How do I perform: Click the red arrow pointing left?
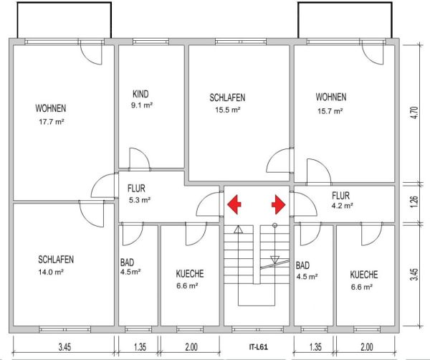234,204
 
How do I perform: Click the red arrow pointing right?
279,204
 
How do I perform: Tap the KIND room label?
140,94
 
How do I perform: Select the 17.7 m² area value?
52,122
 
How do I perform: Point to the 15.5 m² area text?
228,110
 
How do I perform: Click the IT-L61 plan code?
258,347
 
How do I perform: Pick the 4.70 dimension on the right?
414,112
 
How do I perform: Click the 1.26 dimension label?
414,202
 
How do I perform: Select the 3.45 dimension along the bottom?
64,347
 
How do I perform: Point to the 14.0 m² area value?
51,273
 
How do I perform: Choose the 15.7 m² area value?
330,111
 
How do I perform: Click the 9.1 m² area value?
142,105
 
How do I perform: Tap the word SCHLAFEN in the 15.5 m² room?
227,98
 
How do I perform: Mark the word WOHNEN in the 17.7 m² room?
51,108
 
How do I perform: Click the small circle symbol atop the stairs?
274,225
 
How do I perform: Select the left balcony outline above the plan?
64,3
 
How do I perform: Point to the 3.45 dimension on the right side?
414,274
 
